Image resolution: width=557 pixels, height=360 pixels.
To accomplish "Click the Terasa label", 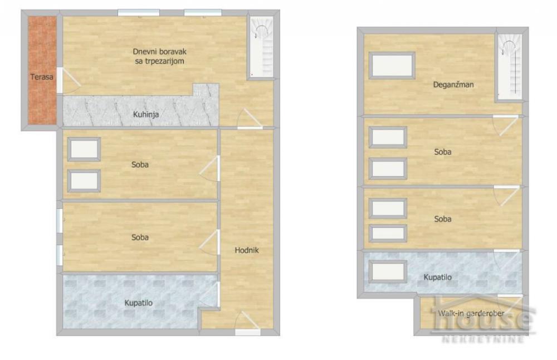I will pyautogui.click(x=42, y=77).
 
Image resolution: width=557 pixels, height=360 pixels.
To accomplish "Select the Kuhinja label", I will pyautogui.click(x=146, y=115).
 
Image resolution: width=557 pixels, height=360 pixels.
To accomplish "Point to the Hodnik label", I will pyautogui.click(x=247, y=250).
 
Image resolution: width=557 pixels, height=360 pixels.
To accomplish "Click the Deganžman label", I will pyautogui.click(x=457, y=85).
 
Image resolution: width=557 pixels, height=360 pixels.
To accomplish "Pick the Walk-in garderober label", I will pyautogui.click(x=471, y=313).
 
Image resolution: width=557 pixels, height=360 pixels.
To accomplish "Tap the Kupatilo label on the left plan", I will pyautogui.click(x=139, y=303).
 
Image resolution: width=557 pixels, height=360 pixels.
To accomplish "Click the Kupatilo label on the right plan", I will pyautogui.click(x=438, y=277).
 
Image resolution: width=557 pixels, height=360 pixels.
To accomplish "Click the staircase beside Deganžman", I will pyautogui.click(x=509, y=67).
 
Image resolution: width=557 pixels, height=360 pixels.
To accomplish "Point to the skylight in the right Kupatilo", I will pyautogui.click(x=388, y=271).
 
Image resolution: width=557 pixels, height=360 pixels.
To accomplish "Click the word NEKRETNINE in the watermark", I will pyautogui.click(x=482, y=338).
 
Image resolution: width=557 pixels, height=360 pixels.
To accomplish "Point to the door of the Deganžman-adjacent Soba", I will pyautogui.click(x=506, y=125).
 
